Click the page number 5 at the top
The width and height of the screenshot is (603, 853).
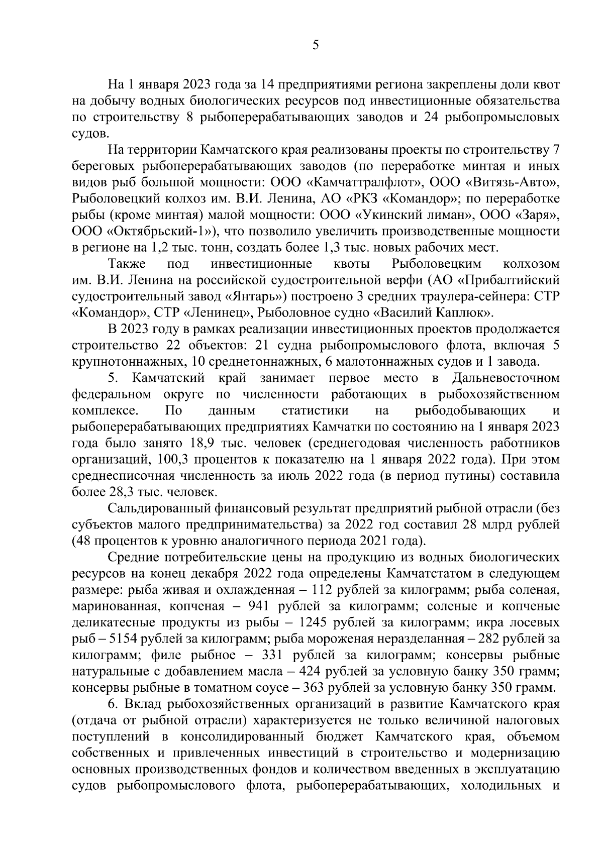pyautogui.click(x=315, y=46)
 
